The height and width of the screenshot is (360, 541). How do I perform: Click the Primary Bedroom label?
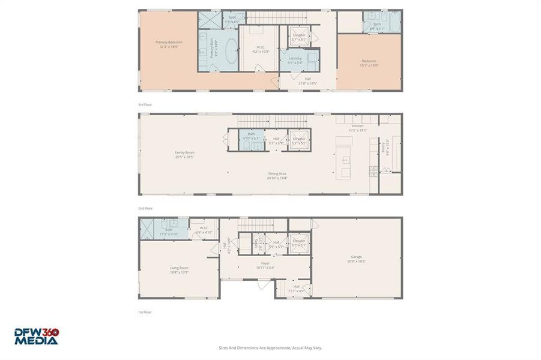click(169, 43)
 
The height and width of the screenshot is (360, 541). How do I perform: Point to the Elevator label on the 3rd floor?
click(299, 35)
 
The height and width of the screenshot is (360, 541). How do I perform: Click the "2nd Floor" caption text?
click(146, 208)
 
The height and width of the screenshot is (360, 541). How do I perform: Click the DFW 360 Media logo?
click(37, 336)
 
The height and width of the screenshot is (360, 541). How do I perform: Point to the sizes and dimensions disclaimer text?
click(270, 347)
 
